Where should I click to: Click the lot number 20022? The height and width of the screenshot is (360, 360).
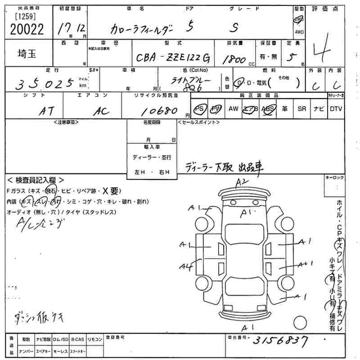pos(27,29)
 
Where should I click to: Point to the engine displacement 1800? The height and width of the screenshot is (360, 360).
pos(234,59)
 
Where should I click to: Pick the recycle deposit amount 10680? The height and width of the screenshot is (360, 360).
pos(157,111)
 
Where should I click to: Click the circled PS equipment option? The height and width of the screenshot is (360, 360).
pos(198,109)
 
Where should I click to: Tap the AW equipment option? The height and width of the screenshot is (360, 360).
pos(233,109)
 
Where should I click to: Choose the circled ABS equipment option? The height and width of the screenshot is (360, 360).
pos(269,109)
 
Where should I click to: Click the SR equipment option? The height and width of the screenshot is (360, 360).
pos(301,109)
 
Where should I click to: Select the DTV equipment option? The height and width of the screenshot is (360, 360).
pos(335,109)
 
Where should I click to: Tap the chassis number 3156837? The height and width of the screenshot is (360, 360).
pos(283,341)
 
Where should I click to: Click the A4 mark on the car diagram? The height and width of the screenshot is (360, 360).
pos(185,267)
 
